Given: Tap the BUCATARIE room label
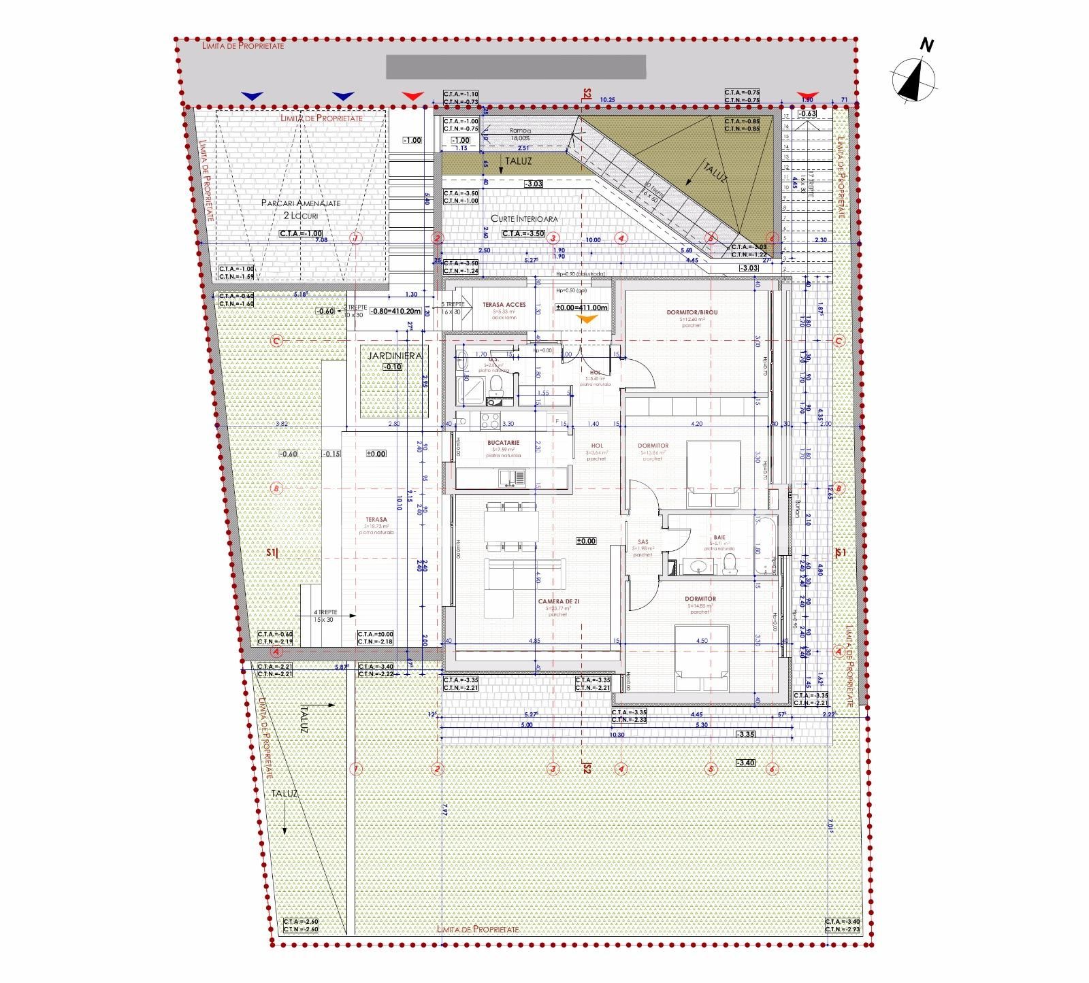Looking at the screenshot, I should tap(503, 443).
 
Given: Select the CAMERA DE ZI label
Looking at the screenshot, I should tap(559, 601).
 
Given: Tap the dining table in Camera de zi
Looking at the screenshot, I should tap(511, 527).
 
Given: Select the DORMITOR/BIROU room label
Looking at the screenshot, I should tap(692, 312).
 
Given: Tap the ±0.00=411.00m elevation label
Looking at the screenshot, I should tap(581, 307).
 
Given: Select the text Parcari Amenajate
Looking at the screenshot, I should tap(301, 203).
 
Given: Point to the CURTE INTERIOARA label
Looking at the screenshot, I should tap(525, 219).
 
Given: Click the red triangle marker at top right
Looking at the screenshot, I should tap(807, 95).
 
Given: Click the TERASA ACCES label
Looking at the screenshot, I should tap(504, 305).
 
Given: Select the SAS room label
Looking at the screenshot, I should tap(643, 542).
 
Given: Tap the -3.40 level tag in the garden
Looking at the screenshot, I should tap(745, 763).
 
